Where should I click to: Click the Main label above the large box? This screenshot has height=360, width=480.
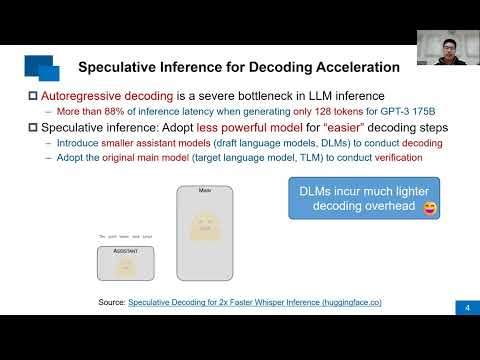tap(204, 190)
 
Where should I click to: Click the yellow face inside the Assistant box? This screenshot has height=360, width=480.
tap(125, 266)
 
